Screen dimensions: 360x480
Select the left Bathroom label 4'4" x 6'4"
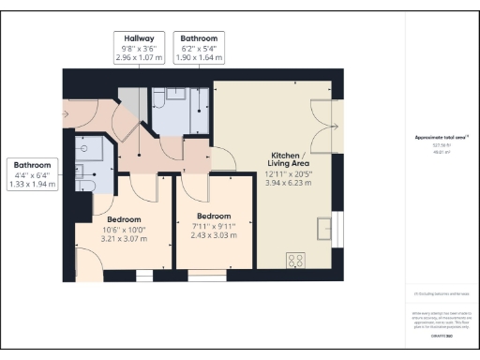click(32, 174)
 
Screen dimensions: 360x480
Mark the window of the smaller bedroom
click(211, 278)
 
